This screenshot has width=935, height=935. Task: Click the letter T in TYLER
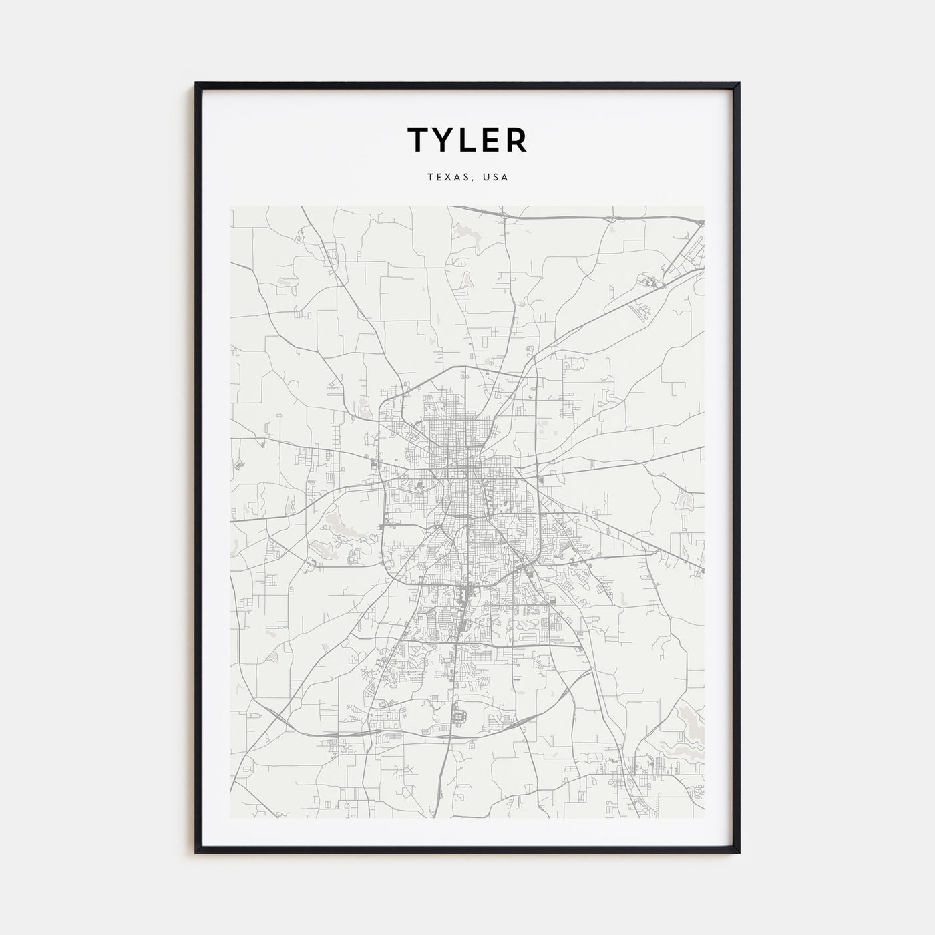click(x=420, y=140)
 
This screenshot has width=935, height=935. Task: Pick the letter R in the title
click(x=516, y=140)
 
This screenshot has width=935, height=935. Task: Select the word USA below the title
click(x=496, y=178)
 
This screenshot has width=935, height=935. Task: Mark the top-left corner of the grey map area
click(x=231, y=206)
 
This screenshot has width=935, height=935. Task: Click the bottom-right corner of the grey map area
click(x=704, y=819)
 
